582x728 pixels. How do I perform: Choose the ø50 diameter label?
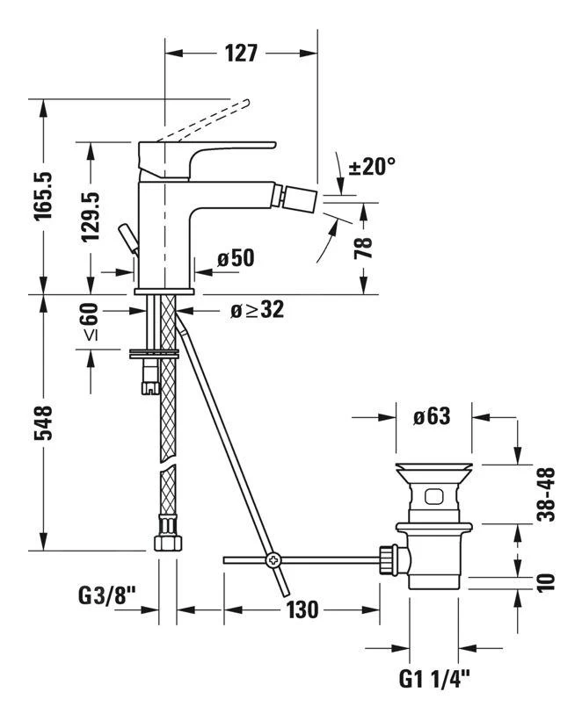[235, 258]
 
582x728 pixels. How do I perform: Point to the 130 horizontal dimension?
[302, 609]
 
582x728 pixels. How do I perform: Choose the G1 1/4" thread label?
[434, 676]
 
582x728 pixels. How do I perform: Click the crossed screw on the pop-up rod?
[274, 559]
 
